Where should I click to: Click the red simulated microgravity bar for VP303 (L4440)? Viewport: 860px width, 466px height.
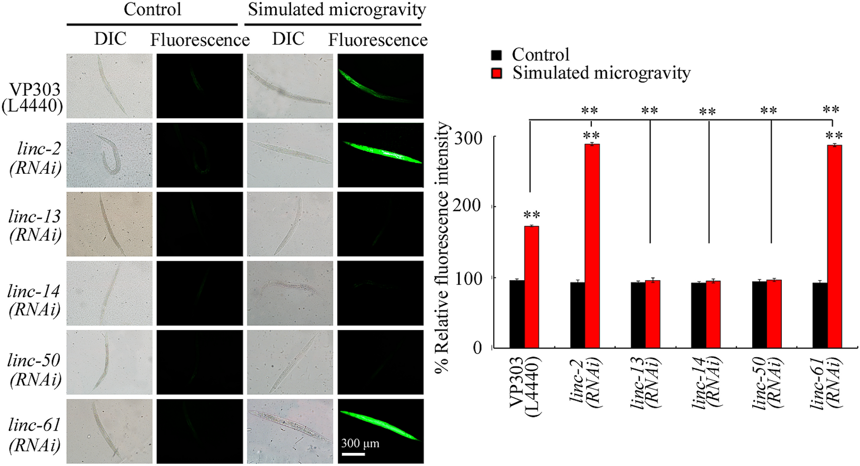click(531, 286)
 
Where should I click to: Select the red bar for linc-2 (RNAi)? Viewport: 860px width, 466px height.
click(592, 245)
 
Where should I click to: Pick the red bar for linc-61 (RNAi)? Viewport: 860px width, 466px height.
click(834, 245)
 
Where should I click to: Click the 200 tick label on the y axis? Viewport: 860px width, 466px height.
click(467, 206)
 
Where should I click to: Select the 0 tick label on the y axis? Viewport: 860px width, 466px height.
click(478, 348)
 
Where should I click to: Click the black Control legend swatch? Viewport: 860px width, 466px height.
click(496, 55)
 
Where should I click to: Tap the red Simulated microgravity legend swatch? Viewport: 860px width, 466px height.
click(496, 73)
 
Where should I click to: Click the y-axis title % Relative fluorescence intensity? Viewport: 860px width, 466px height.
click(442, 248)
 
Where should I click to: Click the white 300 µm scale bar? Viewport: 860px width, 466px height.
click(353, 454)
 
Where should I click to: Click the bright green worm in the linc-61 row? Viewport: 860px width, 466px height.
click(380, 425)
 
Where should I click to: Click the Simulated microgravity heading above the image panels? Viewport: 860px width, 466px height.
click(336, 10)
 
